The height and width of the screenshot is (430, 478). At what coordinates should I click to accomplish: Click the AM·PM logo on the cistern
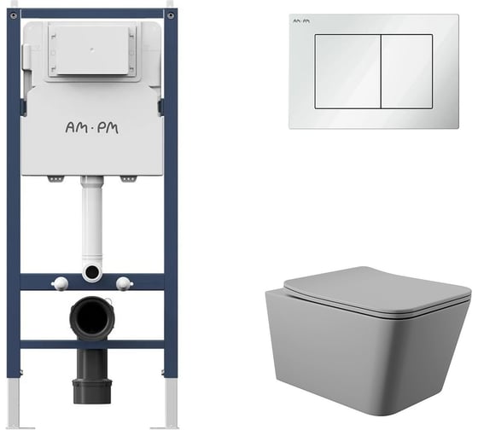tap(92, 128)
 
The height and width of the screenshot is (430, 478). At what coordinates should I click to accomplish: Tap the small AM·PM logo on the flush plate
tap(301, 21)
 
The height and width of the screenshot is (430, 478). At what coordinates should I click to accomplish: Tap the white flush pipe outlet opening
tap(92, 271)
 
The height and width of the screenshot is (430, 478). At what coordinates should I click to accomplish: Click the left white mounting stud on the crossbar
tap(60, 284)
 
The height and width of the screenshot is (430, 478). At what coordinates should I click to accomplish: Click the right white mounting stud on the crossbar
tap(124, 284)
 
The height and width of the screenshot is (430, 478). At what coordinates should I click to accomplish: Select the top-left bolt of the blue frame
tap(14, 15)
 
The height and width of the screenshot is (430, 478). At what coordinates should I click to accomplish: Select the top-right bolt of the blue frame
tap(171, 15)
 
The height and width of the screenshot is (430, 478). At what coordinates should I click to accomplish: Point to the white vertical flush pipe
tap(92, 218)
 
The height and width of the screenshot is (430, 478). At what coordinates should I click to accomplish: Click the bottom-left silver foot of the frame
tap(14, 402)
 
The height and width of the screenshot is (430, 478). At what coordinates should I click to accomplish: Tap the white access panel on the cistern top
tap(92, 49)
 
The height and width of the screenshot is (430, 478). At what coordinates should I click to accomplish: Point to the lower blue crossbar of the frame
tap(92, 345)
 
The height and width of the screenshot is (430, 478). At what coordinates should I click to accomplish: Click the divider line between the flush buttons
tap(381, 72)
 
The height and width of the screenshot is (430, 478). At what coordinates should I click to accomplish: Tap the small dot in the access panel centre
tap(92, 48)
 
